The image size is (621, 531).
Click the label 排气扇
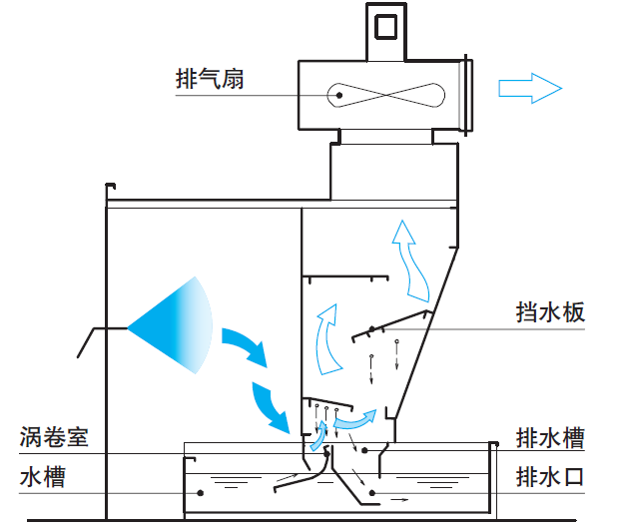click(x=209, y=80)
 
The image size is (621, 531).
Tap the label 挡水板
click(x=544, y=313)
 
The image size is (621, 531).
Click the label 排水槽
click(x=549, y=438)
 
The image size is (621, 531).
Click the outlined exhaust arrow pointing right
click(x=530, y=88)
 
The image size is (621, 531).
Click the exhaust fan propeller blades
click(x=384, y=96)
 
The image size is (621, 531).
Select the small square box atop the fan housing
click(x=385, y=25)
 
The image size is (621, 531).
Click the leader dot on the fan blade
click(x=340, y=96)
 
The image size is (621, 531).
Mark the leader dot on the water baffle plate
click(x=370, y=330)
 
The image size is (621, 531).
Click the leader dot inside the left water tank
click(x=201, y=492)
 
